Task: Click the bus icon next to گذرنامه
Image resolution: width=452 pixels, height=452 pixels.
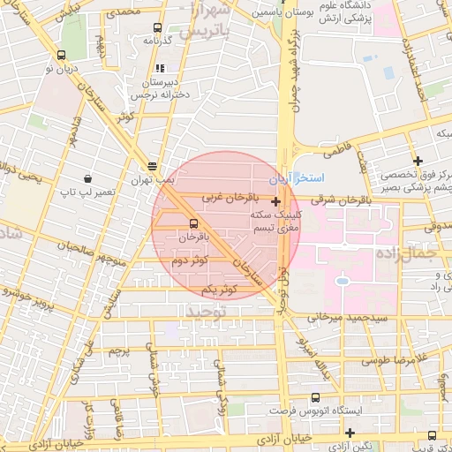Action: [x=157, y=27]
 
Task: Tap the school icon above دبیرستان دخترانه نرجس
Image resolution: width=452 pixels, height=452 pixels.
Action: [x=160, y=68]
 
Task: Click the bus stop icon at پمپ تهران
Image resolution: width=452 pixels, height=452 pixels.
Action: [x=153, y=165]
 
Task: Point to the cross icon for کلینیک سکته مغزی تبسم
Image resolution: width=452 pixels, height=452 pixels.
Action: [x=275, y=202]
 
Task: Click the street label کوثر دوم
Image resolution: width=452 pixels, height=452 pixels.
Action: [x=190, y=261]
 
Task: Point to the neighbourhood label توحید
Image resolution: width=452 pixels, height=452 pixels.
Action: [x=206, y=312]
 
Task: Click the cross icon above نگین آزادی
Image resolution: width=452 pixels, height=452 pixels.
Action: [x=351, y=433]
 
